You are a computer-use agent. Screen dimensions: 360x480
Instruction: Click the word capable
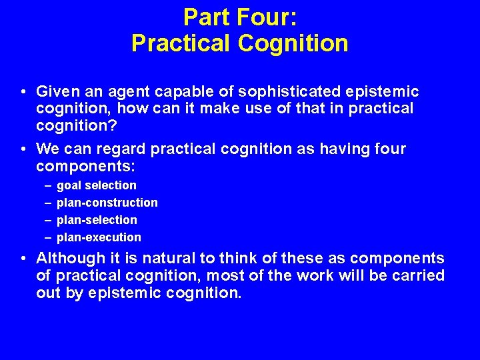(184, 91)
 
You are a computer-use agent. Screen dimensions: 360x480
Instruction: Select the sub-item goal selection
(97, 185)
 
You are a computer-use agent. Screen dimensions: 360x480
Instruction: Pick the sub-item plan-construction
(107, 203)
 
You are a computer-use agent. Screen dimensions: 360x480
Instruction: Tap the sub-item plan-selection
(97, 220)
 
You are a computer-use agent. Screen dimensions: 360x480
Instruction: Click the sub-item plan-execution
(99, 237)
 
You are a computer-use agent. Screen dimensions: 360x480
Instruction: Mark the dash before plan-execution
(49, 237)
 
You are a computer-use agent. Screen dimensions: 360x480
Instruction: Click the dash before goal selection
(49, 185)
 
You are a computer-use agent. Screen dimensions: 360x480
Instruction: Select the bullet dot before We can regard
(23, 149)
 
